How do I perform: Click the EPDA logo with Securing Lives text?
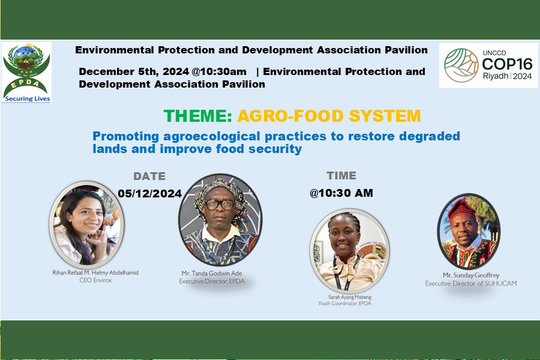(x=26, y=73)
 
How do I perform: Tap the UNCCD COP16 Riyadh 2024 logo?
(x=488, y=65)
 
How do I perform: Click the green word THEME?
(x=198, y=116)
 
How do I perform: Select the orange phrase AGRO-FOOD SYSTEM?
(x=329, y=116)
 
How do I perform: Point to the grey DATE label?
(x=149, y=176)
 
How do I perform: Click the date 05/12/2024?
(x=150, y=193)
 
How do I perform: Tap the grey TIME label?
(x=341, y=176)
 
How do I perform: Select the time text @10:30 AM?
(x=341, y=193)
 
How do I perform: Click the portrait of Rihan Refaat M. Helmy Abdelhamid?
(x=87, y=224)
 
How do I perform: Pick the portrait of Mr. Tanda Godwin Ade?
(x=220, y=220)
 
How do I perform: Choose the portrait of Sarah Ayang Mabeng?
(x=350, y=251)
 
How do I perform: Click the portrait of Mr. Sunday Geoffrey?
(x=469, y=231)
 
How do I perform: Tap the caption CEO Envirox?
(x=95, y=280)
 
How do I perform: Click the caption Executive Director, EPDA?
(x=212, y=281)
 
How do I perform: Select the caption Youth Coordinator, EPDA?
(x=344, y=303)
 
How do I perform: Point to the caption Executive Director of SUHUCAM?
(x=471, y=284)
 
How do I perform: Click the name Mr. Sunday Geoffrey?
(x=471, y=275)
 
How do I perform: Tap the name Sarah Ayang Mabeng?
(x=350, y=296)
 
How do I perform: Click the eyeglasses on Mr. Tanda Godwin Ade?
(x=220, y=205)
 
